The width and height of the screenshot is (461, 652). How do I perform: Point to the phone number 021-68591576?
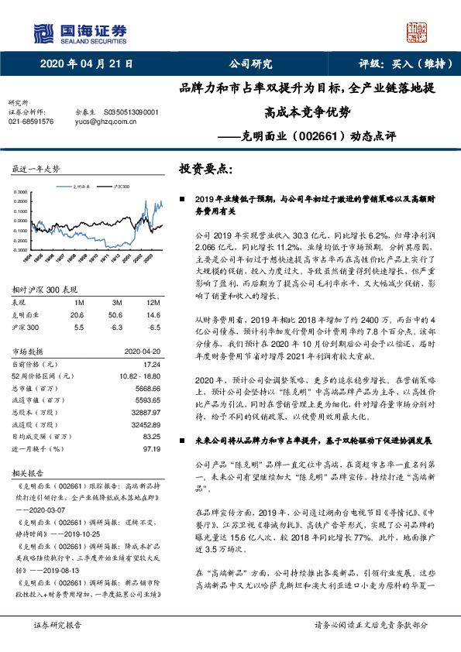31,122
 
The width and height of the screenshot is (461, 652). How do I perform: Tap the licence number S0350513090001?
130,112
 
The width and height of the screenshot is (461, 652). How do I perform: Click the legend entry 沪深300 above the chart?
122,187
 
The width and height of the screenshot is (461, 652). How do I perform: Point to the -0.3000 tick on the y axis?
20,250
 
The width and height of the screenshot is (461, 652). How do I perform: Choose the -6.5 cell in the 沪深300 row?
153,327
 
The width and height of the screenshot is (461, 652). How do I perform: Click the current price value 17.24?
151,364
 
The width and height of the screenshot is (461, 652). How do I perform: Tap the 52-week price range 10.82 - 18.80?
140,376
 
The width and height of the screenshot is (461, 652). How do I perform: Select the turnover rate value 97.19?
151,448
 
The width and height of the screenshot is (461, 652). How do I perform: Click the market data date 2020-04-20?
143,351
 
